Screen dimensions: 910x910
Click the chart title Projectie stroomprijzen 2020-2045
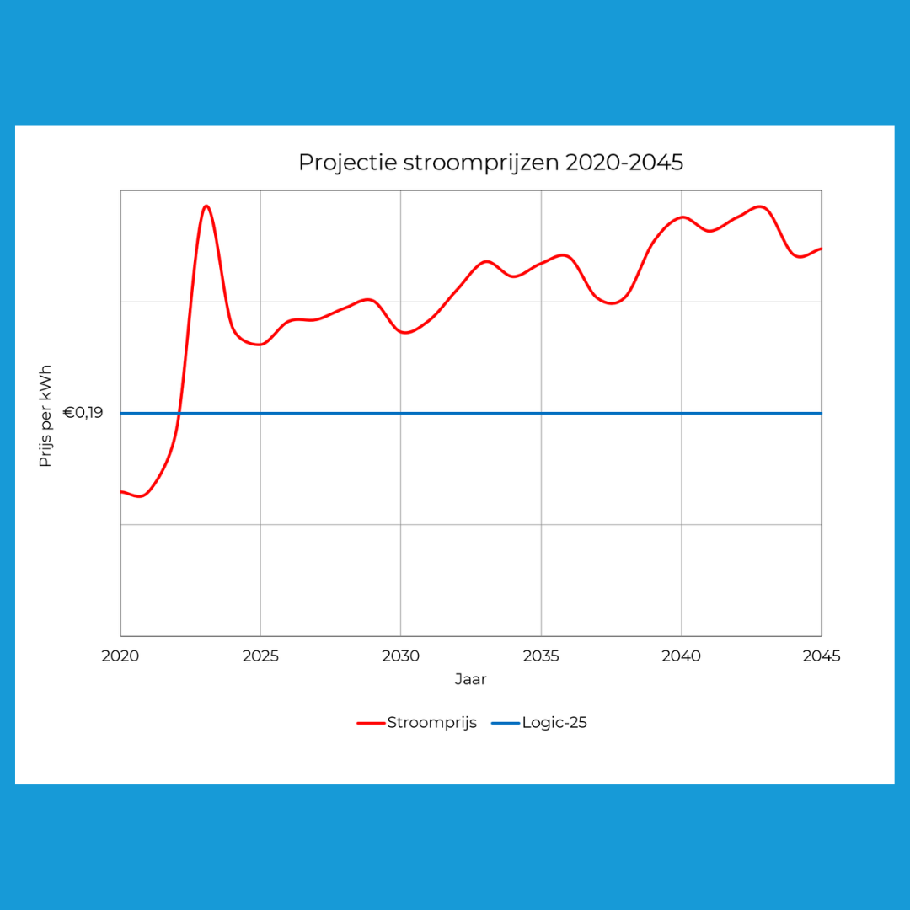(x=490, y=163)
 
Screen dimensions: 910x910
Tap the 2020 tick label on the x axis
(x=120, y=656)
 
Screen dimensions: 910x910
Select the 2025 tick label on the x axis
(x=260, y=656)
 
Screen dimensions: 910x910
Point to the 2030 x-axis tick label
(x=400, y=656)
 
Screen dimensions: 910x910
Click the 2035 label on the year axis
(x=541, y=656)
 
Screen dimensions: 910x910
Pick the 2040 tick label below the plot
(x=681, y=656)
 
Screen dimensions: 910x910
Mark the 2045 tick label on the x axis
(x=821, y=656)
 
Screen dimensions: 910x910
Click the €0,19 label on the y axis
(x=83, y=413)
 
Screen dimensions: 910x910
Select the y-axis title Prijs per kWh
(x=46, y=416)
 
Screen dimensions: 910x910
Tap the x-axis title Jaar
(x=470, y=679)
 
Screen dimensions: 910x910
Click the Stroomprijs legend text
(x=431, y=722)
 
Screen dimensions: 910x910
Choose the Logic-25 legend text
(x=554, y=722)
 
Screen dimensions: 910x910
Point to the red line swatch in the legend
(x=371, y=723)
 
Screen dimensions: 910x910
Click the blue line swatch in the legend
(x=506, y=723)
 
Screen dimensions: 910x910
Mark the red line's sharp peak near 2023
(x=206, y=206)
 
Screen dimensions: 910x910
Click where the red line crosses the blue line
(x=179, y=413)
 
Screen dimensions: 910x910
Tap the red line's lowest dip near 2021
(x=140, y=496)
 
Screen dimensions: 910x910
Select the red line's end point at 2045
(x=821, y=249)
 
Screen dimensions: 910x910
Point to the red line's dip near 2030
(x=405, y=333)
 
